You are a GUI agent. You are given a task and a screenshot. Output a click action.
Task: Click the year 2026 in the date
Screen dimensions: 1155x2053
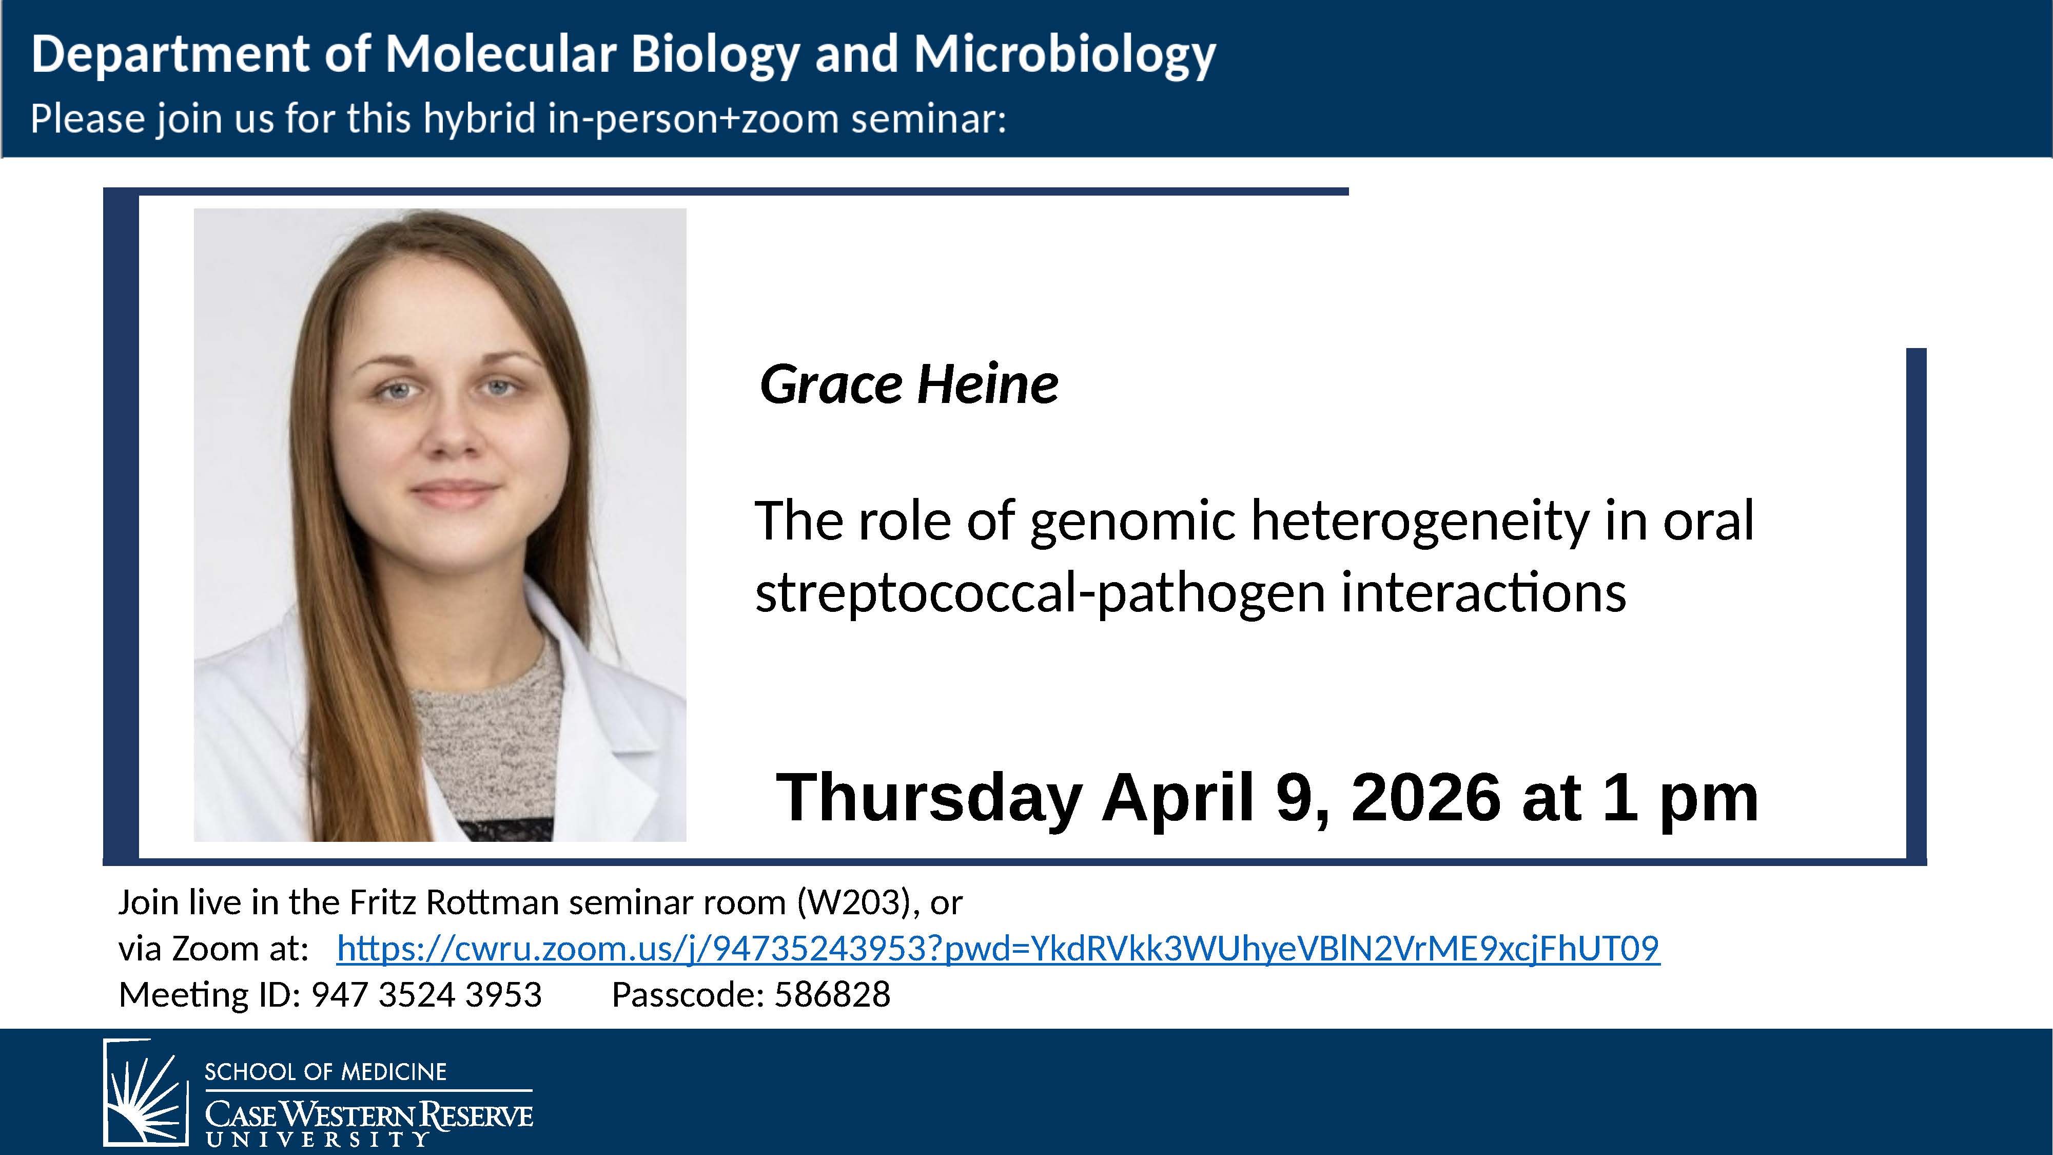[1426, 798]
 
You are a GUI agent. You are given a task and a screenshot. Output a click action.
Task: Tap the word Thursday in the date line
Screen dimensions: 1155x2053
[928, 798]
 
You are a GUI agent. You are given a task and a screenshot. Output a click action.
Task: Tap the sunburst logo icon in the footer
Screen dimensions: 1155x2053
[146, 1092]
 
